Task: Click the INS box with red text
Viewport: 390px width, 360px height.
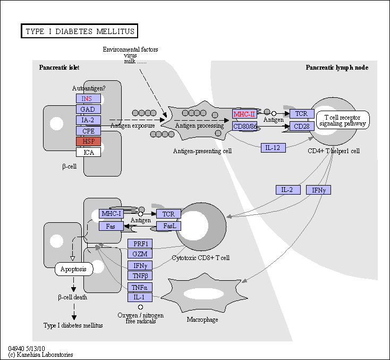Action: pyautogui.click(x=88, y=98)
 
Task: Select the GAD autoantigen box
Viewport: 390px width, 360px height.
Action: pyautogui.click(x=88, y=109)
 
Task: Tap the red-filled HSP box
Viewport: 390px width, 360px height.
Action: pyautogui.click(x=88, y=141)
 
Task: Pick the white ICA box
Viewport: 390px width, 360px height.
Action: pyautogui.click(x=88, y=152)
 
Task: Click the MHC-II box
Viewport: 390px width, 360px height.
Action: pyautogui.click(x=244, y=114)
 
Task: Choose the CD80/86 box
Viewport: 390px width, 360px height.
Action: pyautogui.click(x=244, y=126)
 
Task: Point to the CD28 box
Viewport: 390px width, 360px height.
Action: pyautogui.click(x=302, y=126)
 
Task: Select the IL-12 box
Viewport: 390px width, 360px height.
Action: pyautogui.click(x=273, y=148)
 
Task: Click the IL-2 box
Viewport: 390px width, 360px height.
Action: pyautogui.click(x=288, y=190)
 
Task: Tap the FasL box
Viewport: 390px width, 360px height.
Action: pyautogui.click(x=168, y=226)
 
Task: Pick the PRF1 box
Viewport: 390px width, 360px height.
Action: pyautogui.click(x=140, y=244)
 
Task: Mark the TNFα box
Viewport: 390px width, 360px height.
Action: pyautogui.click(x=140, y=287)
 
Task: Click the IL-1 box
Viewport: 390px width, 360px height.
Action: pyautogui.click(x=140, y=297)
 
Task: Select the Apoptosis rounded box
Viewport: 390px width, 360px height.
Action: pyautogui.click(x=74, y=269)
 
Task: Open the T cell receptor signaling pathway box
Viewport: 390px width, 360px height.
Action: pyautogui.click(x=343, y=120)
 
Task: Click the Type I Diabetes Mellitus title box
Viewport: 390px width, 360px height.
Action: pyautogui.click(x=79, y=31)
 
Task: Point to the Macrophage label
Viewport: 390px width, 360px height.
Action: pyautogui.click(x=202, y=320)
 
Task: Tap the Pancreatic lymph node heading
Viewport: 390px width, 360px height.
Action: pyautogui.click(x=337, y=68)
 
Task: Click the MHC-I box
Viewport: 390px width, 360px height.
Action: pyautogui.click(x=111, y=214)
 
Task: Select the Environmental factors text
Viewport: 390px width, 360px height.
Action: pyautogui.click(x=130, y=49)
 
